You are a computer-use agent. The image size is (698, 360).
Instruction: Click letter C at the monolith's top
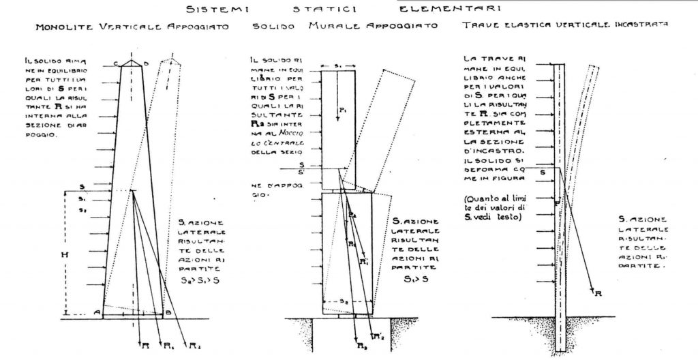click(117, 63)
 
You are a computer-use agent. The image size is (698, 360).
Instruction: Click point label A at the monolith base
click(97, 312)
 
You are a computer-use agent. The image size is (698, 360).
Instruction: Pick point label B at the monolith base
click(168, 312)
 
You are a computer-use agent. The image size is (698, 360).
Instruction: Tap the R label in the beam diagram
click(598, 294)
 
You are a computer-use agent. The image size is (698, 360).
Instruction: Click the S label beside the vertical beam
click(543, 172)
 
